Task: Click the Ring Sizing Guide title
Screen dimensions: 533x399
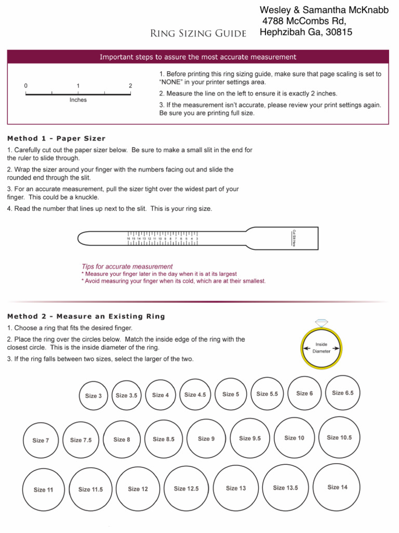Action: [x=198, y=34]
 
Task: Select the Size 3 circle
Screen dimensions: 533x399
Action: [x=93, y=396]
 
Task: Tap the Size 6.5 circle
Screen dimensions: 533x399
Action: [x=342, y=393]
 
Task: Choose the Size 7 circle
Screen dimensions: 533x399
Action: [x=41, y=440]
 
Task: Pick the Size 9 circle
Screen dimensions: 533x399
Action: [x=206, y=439]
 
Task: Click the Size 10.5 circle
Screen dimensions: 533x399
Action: [x=339, y=438]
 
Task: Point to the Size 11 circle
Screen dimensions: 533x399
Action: [x=43, y=490]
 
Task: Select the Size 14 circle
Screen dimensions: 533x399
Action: [x=337, y=487]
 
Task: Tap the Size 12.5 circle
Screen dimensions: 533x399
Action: [x=186, y=488]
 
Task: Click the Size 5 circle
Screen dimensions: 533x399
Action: [x=231, y=394]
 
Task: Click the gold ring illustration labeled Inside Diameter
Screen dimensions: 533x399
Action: [x=322, y=348]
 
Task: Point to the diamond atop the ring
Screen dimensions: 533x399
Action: [x=322, y=323]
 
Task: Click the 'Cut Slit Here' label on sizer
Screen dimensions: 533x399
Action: [x=294, y=238]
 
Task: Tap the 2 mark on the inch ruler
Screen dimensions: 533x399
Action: [x=130, y=85]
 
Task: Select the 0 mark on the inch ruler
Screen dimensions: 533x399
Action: [x=26, y=85]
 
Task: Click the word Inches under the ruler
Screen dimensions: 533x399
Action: [x=78, y=100]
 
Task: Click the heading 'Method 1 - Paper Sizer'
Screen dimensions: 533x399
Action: [x=56, y=138]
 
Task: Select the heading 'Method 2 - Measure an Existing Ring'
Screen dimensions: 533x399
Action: [x=86, y=316]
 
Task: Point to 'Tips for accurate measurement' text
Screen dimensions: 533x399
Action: [x=127, y=266]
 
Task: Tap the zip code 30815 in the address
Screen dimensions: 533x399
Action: [x=338, y=32]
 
